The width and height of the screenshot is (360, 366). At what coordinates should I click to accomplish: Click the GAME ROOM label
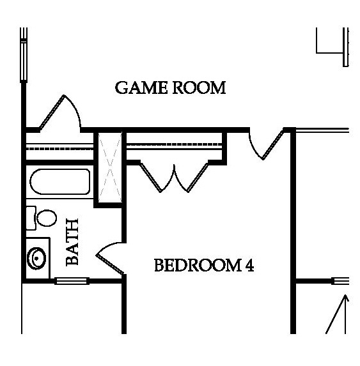(x=170, y=88)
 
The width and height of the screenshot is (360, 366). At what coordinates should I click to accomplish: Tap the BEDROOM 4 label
(x=204, y=265)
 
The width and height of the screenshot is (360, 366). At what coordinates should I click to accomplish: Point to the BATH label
(x=72, y=242)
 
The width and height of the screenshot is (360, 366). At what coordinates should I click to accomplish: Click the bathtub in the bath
(x=60, y=181)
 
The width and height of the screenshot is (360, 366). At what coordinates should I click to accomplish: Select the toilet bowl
(x=47, y=218)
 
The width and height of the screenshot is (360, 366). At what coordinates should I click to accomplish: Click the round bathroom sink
(x=36, y=259)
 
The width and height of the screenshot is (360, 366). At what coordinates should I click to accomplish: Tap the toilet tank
(x=31, y=218)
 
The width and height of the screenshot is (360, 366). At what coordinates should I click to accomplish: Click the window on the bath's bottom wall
(x=72, y=281)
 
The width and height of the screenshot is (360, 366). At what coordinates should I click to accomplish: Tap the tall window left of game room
(x=24, y=55)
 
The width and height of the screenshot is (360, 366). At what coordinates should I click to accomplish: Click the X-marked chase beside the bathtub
(x=110, y=167)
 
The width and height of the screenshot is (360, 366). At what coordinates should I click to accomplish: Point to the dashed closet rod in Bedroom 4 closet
(x=174, y=145)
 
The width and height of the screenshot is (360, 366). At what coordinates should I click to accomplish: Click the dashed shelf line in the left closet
(x=59, y=148)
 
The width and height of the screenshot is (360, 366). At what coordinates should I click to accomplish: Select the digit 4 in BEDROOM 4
(x=249, y=265)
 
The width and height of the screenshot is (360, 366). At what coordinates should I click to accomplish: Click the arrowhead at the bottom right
(x=345, y=298)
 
